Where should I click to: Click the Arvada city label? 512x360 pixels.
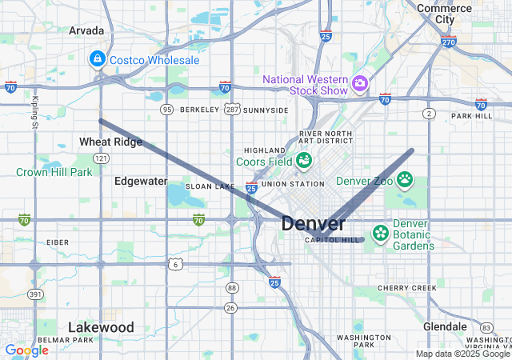pos(86,30)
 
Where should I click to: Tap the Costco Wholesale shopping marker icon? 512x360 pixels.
pos(97,59)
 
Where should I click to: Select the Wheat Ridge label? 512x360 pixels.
pos(110,142)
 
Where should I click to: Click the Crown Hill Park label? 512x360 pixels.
pos(54,172)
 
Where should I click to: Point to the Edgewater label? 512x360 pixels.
pos(141,181)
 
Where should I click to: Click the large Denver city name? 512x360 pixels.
pos(314,224)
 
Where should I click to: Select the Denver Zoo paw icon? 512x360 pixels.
pos(405,179)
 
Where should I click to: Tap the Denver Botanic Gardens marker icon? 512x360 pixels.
pos(379,233)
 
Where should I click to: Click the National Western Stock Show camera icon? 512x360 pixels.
pos(360,82)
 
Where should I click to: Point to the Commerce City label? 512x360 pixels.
pos(444,14)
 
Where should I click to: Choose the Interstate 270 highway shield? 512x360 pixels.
pos(448,42)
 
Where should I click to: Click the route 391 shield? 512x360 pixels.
pos(34,294)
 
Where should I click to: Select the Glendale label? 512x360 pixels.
pos(445,326)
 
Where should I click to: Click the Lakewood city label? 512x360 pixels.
pos(101,327)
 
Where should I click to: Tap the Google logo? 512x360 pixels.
pos(26,350)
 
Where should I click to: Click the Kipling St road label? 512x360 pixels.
pos(35,112)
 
